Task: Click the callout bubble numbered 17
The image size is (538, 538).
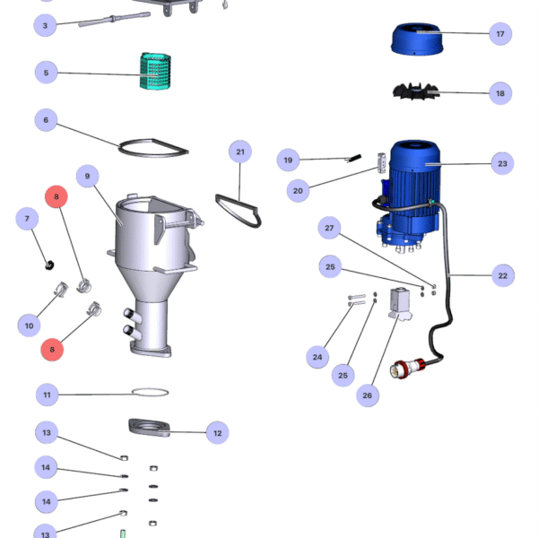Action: click(x=499, y=34)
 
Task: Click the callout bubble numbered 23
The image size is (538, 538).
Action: click(x=502, y=163)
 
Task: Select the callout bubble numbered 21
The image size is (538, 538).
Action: click(x=240, y=152)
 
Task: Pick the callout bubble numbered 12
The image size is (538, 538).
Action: click(x=216, y=433)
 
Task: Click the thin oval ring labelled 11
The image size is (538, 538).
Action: click(x=151, y=392)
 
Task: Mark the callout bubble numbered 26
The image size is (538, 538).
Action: click(x=367, y=395)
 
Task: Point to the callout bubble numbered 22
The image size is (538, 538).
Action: click(x=502, y=275)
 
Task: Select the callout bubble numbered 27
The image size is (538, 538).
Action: click(x=329, y=229)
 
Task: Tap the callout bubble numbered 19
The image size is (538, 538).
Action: click(x=288, y=161)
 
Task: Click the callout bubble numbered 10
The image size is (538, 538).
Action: click(x=29, y=325)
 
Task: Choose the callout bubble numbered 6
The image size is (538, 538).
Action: click(x=46, y=119)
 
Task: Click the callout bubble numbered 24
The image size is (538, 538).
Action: click(x=317, y=357)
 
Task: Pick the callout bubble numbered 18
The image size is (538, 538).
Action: click(x=499, y=93)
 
